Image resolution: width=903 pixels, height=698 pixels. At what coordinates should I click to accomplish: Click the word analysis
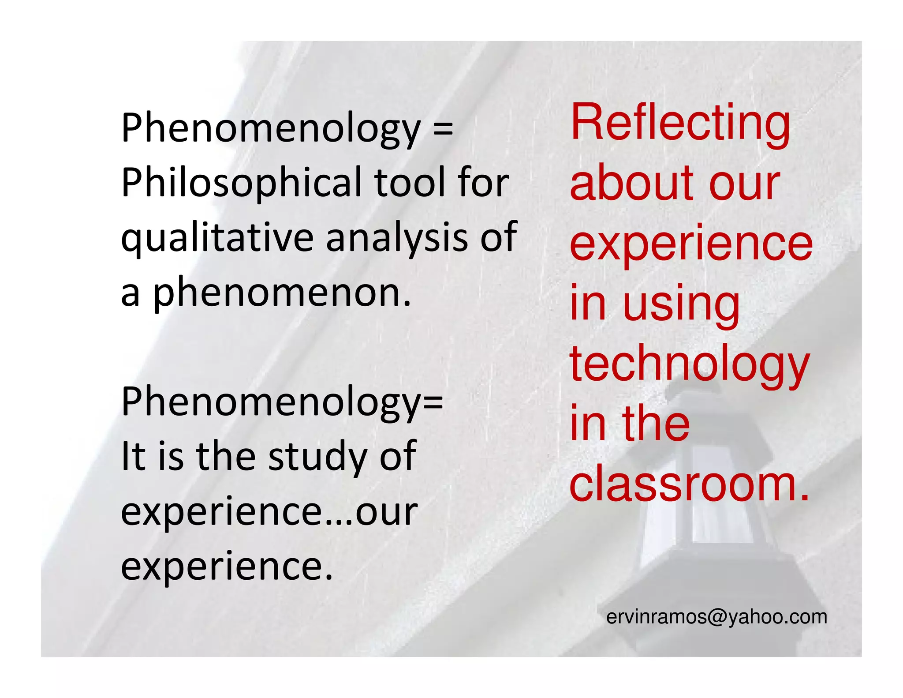397,238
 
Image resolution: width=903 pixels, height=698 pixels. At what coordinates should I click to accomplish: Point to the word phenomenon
282,293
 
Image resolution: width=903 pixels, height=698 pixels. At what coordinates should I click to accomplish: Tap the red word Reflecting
680,123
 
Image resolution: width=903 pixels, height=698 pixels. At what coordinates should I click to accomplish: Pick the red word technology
690,365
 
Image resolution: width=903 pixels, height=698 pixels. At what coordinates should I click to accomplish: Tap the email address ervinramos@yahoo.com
716,617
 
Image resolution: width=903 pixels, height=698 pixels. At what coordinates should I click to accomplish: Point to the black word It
133,456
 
